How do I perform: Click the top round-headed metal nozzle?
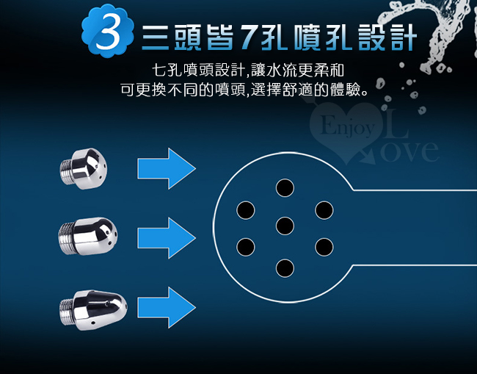coord(84,168)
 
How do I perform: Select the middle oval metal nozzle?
coord(87,237)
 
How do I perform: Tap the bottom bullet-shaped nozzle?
coord(93,310)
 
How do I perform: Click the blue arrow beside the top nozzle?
coord(167,168)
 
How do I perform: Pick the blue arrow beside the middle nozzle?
coord(167,238)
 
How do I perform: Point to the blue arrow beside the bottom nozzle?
coord(167,307)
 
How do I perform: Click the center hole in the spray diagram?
coord(285,226)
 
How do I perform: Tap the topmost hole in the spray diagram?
coord(285,187)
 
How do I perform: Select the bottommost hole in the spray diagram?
coord(285,268)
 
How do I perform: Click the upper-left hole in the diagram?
coord(246,210)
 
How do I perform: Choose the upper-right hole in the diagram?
coord(324,210)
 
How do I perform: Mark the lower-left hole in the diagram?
coord(246,247)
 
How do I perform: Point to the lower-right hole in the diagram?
coord(324,247)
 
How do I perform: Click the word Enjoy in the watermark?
coord(347,126)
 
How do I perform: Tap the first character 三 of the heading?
coord(156,37)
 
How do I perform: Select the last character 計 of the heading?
coord(404,37)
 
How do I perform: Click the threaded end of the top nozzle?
coord(66,171)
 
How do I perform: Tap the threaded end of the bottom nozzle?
coord(66,312)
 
